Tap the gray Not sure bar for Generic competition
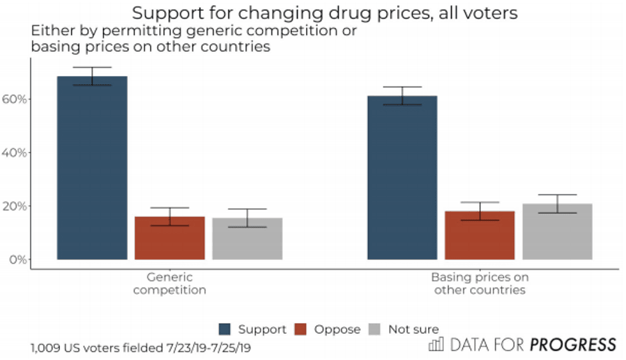pyautogui.click(x=247, y=239)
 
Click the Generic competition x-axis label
pyautogui.click(x=169, y=283)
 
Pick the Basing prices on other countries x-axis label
pyautogui.click(x=480, y=283)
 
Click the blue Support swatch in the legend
pyautogui.click(x=225, y=329)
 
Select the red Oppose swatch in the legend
pyautogui.click(x=303, y=329)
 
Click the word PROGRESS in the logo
pyautogui.click(x=572, y=346)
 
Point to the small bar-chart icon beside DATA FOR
pyautogui.click(x=436, y=345)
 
